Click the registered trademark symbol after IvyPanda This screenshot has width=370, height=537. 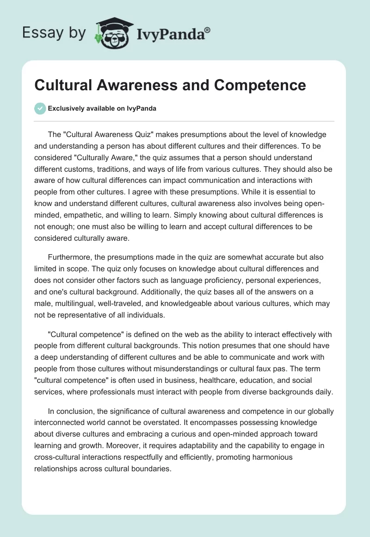(x=208, y=30)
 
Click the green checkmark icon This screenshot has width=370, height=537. (x=41, y=108)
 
